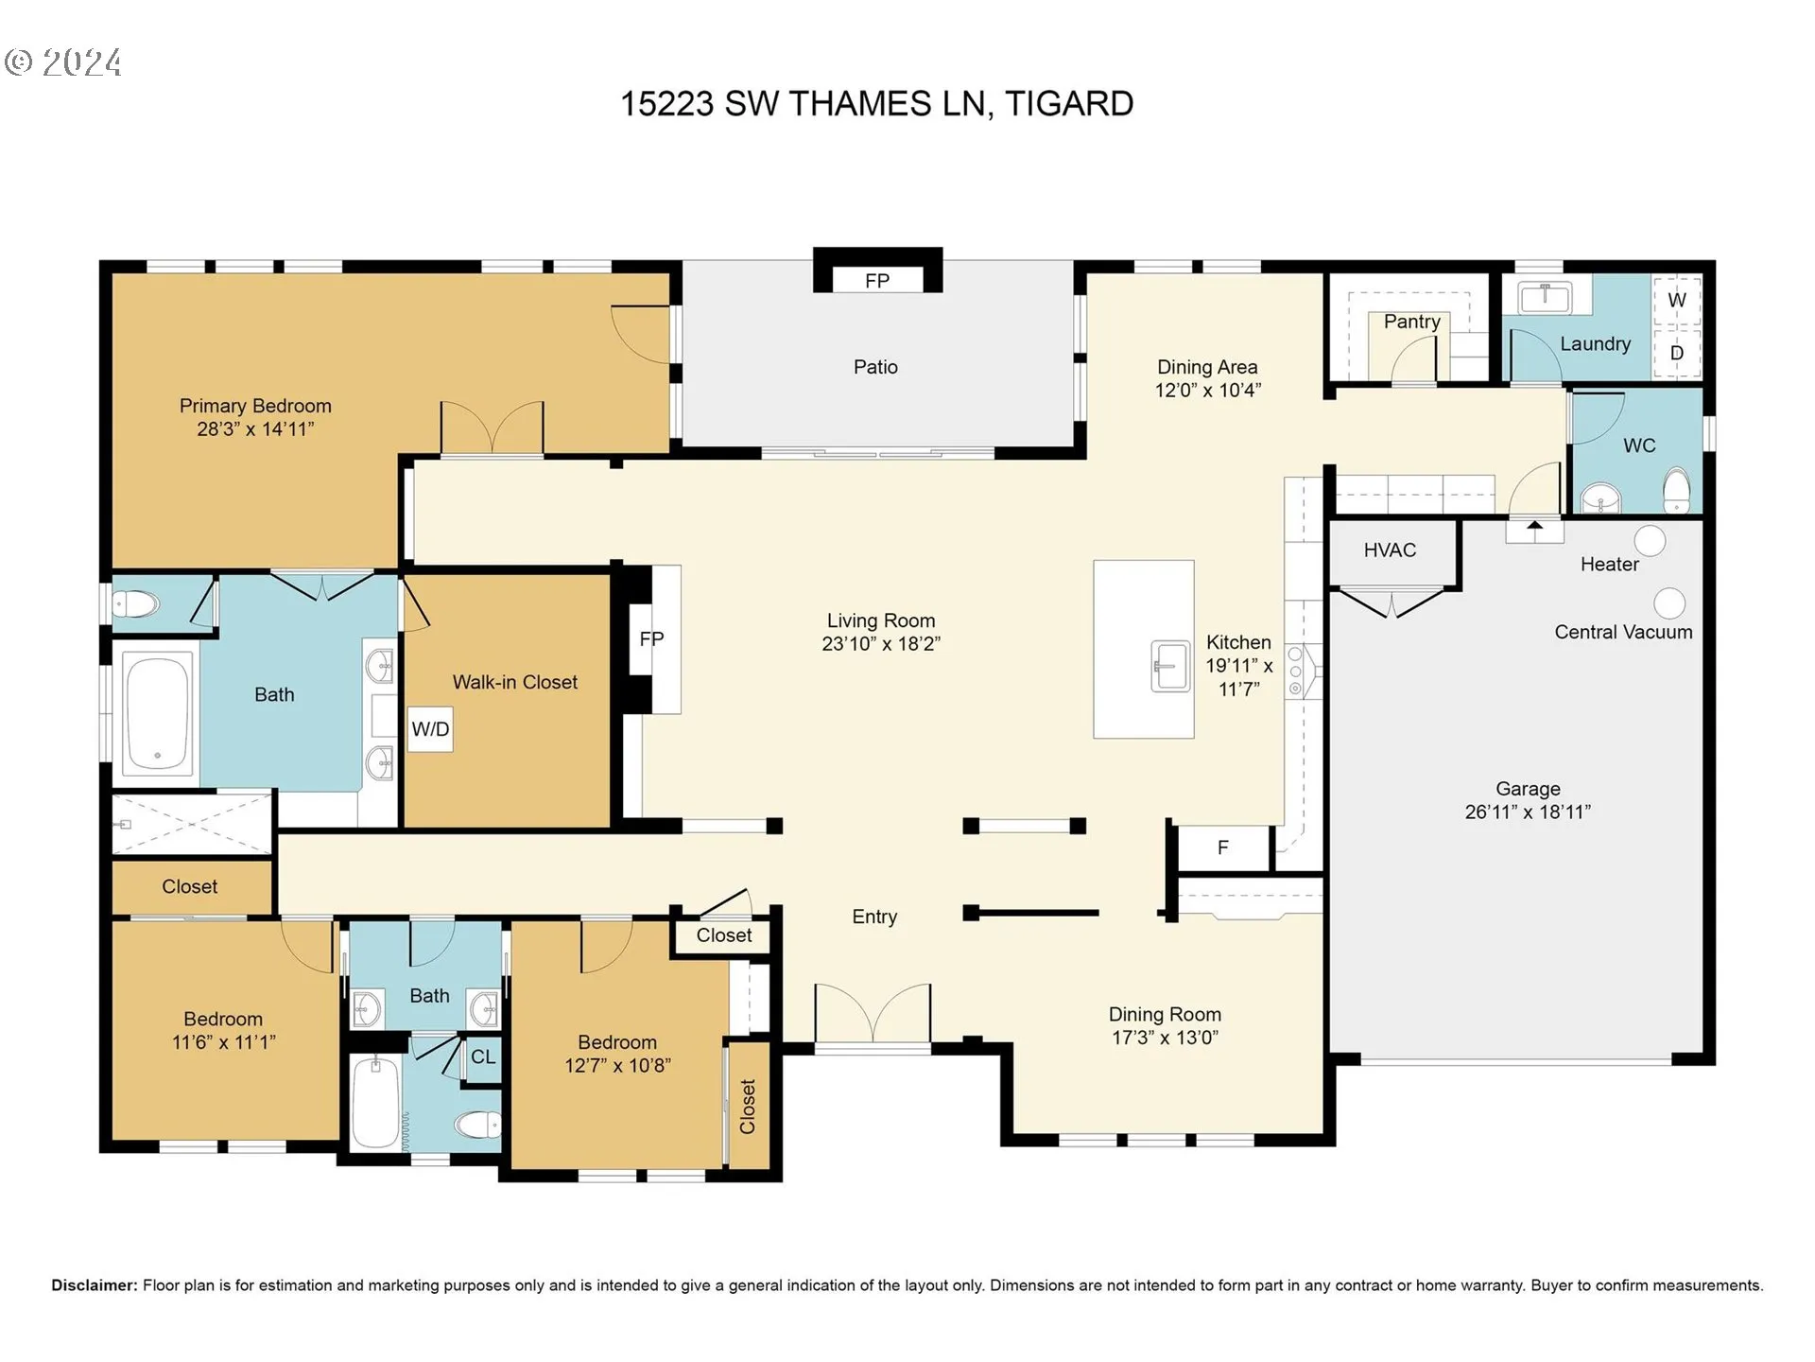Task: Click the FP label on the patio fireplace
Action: [x=876, y=281]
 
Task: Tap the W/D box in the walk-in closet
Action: [x=430, y=729]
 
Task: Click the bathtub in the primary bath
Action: [x=158, y=710]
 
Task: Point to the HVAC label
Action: [x=1390, y=550]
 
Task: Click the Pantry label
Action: [x=1411, y=322]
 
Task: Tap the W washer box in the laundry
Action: [x=1676, y=300]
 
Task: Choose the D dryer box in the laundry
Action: [x=1676, y=353]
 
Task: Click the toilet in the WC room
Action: [x=1676, y=490]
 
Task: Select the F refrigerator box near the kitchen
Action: [x=1223, y=847]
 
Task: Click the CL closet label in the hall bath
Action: [x=483, y=1057]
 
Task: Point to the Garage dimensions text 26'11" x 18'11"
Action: [x=1528, y=812]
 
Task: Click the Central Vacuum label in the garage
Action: [x=1623, y=632]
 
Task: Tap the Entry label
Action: [x=874, y=917]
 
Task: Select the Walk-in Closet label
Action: [x=514, y=682]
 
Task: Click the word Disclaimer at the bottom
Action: [x=95, y=1285]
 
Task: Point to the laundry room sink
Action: [x=1545, y=297]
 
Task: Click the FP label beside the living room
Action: [x=651, y=639]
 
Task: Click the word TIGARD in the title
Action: [x=1069, y=103]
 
